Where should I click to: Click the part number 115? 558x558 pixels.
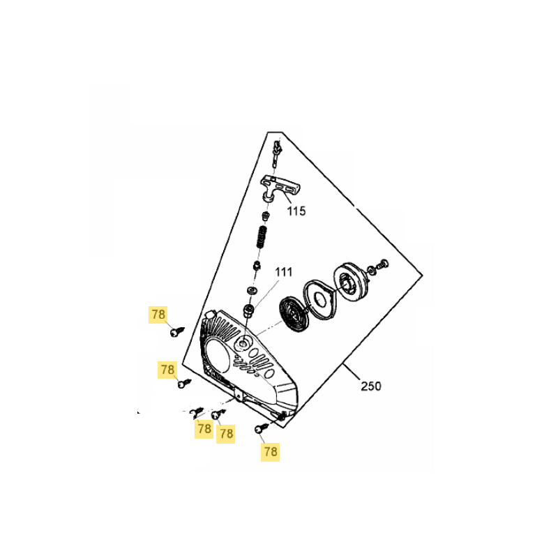(296, 211)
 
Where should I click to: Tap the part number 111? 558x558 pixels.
(284, 272)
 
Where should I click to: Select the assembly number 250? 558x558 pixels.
(371, 386)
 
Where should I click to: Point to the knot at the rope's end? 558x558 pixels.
(277, 149)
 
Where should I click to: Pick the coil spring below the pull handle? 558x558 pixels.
(263, 236)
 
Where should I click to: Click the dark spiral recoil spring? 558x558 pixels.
(292, 315)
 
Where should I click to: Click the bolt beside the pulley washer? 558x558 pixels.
(383, 264)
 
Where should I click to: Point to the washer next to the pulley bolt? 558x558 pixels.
(372, 270)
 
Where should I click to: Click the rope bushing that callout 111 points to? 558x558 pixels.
(248, 310)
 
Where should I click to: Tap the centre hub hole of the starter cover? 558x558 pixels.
(243, 344)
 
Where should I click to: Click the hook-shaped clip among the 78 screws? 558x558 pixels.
(196, 413)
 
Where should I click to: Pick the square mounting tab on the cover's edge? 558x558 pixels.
(239, 395)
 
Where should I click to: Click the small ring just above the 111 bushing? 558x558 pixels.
(252, 290)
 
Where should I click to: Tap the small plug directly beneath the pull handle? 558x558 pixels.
(266, 216)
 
